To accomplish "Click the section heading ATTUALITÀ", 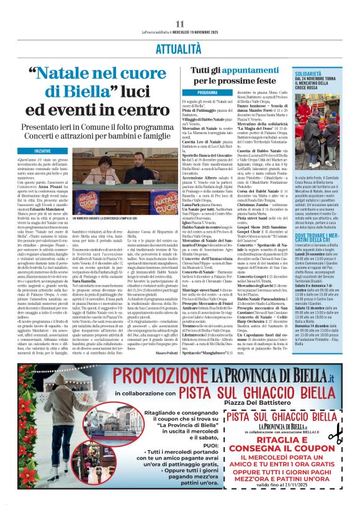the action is coord(179,47).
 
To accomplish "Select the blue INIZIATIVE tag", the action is coord(43,150).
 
